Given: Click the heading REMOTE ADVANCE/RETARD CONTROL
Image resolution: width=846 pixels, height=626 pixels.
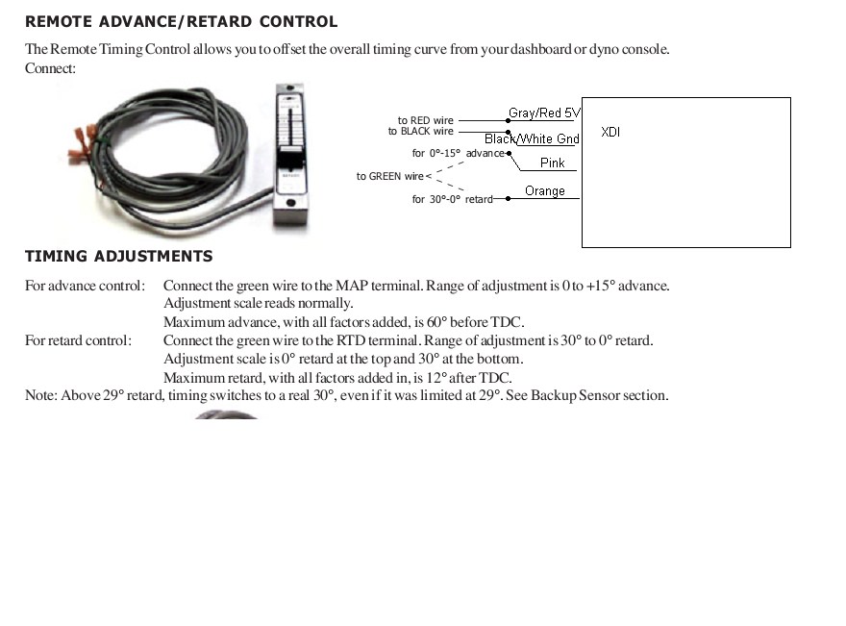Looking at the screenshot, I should pyautogui.click(x=181, y=21).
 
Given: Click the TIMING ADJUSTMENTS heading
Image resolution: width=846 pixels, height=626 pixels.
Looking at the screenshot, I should pyautogui.click(x=119, y=257).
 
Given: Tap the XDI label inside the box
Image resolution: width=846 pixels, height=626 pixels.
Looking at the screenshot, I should pyautogui.click(x=610, y=132).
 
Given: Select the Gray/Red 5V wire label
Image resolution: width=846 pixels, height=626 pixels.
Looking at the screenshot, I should pyautogui.click(x=544, y=113).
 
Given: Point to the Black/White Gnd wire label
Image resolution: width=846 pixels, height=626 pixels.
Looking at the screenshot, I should pyautogui.click(x=532, y=139).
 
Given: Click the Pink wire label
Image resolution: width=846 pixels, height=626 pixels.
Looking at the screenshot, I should pyautogui.click(x=553, y=163).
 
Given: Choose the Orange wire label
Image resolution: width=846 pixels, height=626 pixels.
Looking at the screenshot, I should pyautogui.click(x=545, y=191).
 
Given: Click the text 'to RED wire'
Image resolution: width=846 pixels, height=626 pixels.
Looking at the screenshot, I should pyautogui.click(x=425, y=121).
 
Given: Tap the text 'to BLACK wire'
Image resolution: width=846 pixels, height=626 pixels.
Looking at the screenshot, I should pyautogui.click(x=420, y=132).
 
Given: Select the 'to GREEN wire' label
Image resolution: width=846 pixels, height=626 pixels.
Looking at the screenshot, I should pyautogui.click(x=389, y=177).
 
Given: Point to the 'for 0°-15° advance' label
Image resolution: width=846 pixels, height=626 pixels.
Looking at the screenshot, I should pyautogui.click(x=458, y=154).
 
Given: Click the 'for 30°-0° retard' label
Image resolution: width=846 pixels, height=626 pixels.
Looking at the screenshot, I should pyautogui.click(x=452, y=199).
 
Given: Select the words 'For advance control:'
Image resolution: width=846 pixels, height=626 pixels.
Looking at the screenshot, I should pyautogui.click(x=85, y=286).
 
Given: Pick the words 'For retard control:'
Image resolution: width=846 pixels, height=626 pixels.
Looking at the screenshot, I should pyautogui.click(x=78, y=340).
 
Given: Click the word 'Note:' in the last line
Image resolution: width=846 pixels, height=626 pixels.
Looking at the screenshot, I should pyautogui.click(x=41, y=395).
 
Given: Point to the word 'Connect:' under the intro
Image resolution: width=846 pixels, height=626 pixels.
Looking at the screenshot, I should pyautogui.click(x=50, y=68).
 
